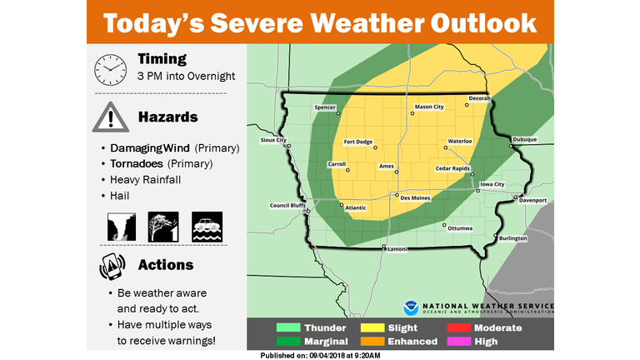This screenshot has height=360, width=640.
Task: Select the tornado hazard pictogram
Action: pos(122,226)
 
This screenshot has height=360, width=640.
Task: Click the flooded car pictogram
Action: pos(207,226)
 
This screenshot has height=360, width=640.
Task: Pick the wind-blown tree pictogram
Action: pos(163,226)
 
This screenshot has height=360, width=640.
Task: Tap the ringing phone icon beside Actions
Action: pos(108,266)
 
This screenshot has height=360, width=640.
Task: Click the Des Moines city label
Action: pos(416,198)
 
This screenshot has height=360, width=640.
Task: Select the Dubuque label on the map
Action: pos(525,139)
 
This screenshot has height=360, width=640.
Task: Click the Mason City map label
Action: pos(429,107)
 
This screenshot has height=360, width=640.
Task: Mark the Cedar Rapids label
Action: pos(454,168)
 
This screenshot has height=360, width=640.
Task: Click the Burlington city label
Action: pos(513,238)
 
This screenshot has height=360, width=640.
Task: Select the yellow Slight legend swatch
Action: pos(372,328)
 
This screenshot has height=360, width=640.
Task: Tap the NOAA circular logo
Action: pos(410,307)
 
